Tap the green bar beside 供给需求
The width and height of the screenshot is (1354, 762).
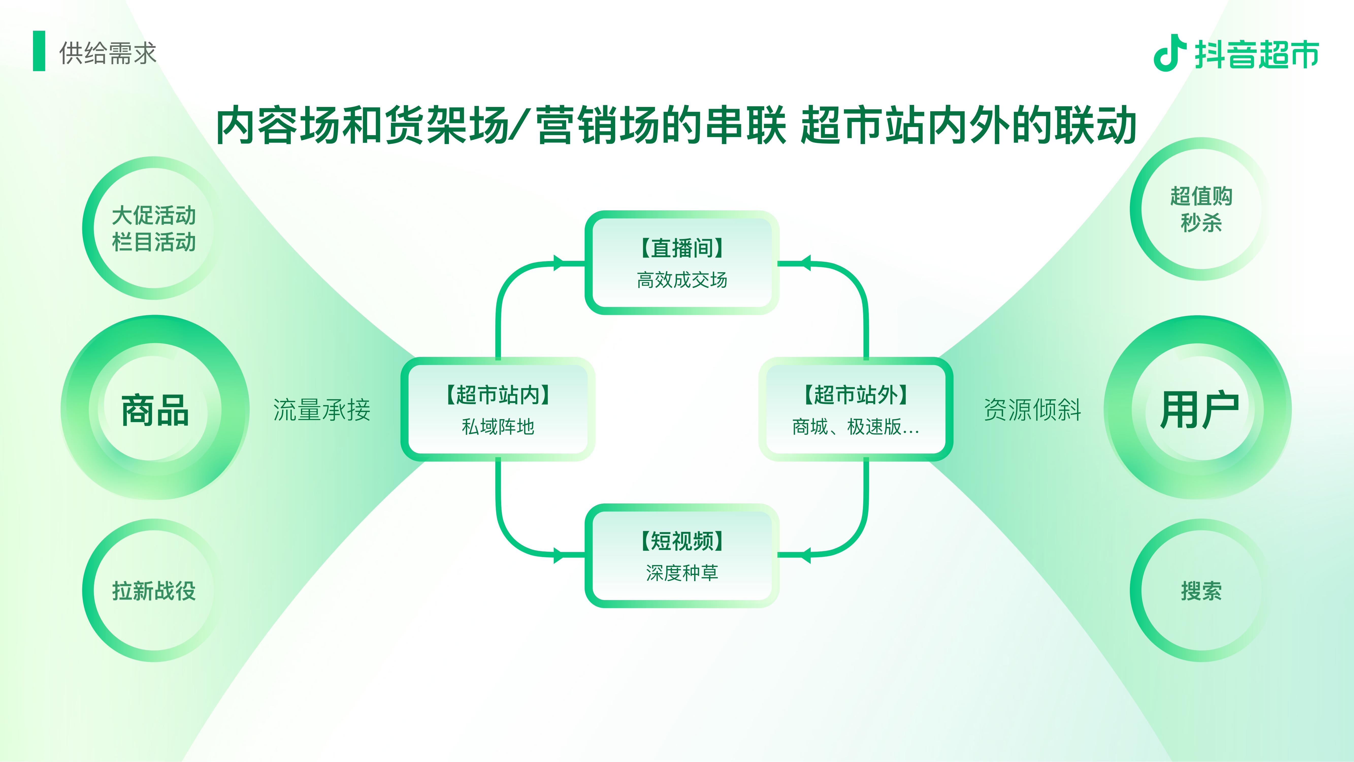pyautogui.click(x=39, y=51)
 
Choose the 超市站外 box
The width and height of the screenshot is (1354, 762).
pyautogui.click(x=856, y=409)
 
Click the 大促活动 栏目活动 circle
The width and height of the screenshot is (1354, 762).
pyautogui.click(x=154, y=228)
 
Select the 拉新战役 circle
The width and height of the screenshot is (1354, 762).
pyautogui.click(x=154, y=590)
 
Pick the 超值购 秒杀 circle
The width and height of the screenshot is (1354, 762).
pyautogui.click(x=1200, y=209)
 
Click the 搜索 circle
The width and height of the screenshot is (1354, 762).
pyautogui.click(x=1200, y=590)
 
